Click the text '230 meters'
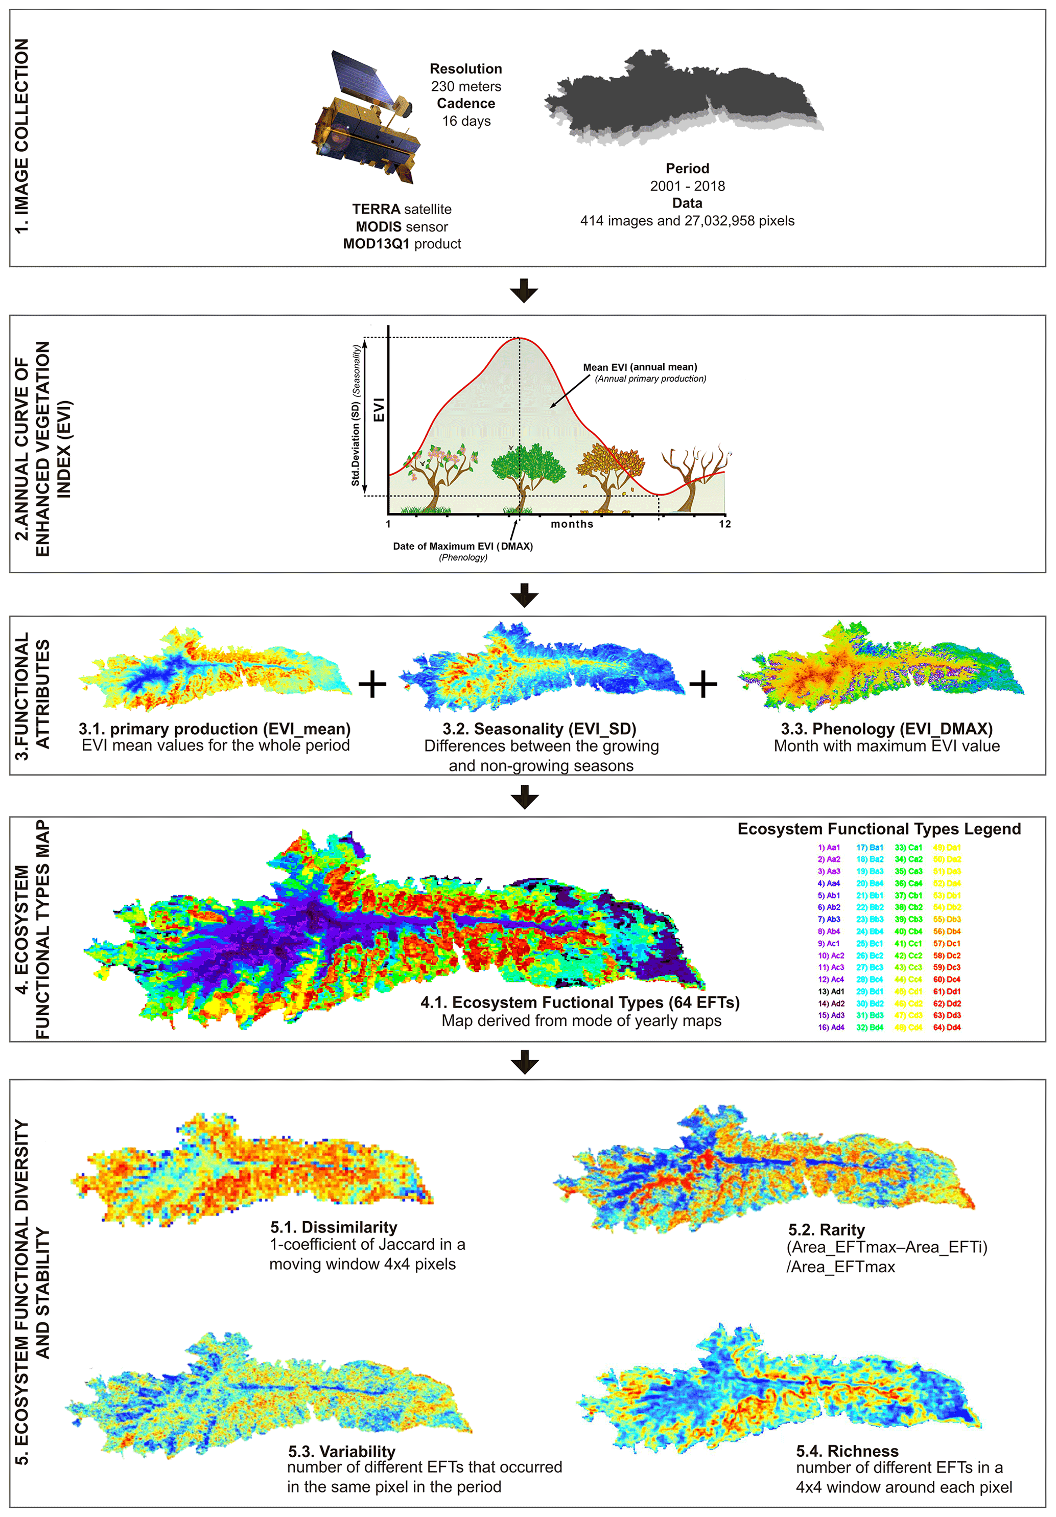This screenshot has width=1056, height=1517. [x=466, y=86]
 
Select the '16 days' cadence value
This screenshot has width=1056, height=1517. [x=466, y=121]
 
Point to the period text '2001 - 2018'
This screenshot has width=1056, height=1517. [x=687, y=185]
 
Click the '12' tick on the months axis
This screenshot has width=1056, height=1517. [x=725, y=524]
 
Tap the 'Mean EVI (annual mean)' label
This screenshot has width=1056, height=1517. [x=640, y=367]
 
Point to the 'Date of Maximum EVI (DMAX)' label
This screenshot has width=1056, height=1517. [x=462, y=546]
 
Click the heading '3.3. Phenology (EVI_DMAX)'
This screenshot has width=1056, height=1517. [x=886, y=728]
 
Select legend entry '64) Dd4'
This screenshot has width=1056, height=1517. [x=947, y=1028]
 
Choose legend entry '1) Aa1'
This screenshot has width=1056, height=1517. [x=829, y=847]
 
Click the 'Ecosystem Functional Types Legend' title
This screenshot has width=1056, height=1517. [x=879, y=829]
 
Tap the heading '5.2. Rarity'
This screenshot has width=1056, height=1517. [x=826, y=1229]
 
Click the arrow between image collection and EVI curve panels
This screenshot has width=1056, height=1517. [x=524, y=290]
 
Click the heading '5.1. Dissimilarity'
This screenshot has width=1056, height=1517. [x=334, y=1227]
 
